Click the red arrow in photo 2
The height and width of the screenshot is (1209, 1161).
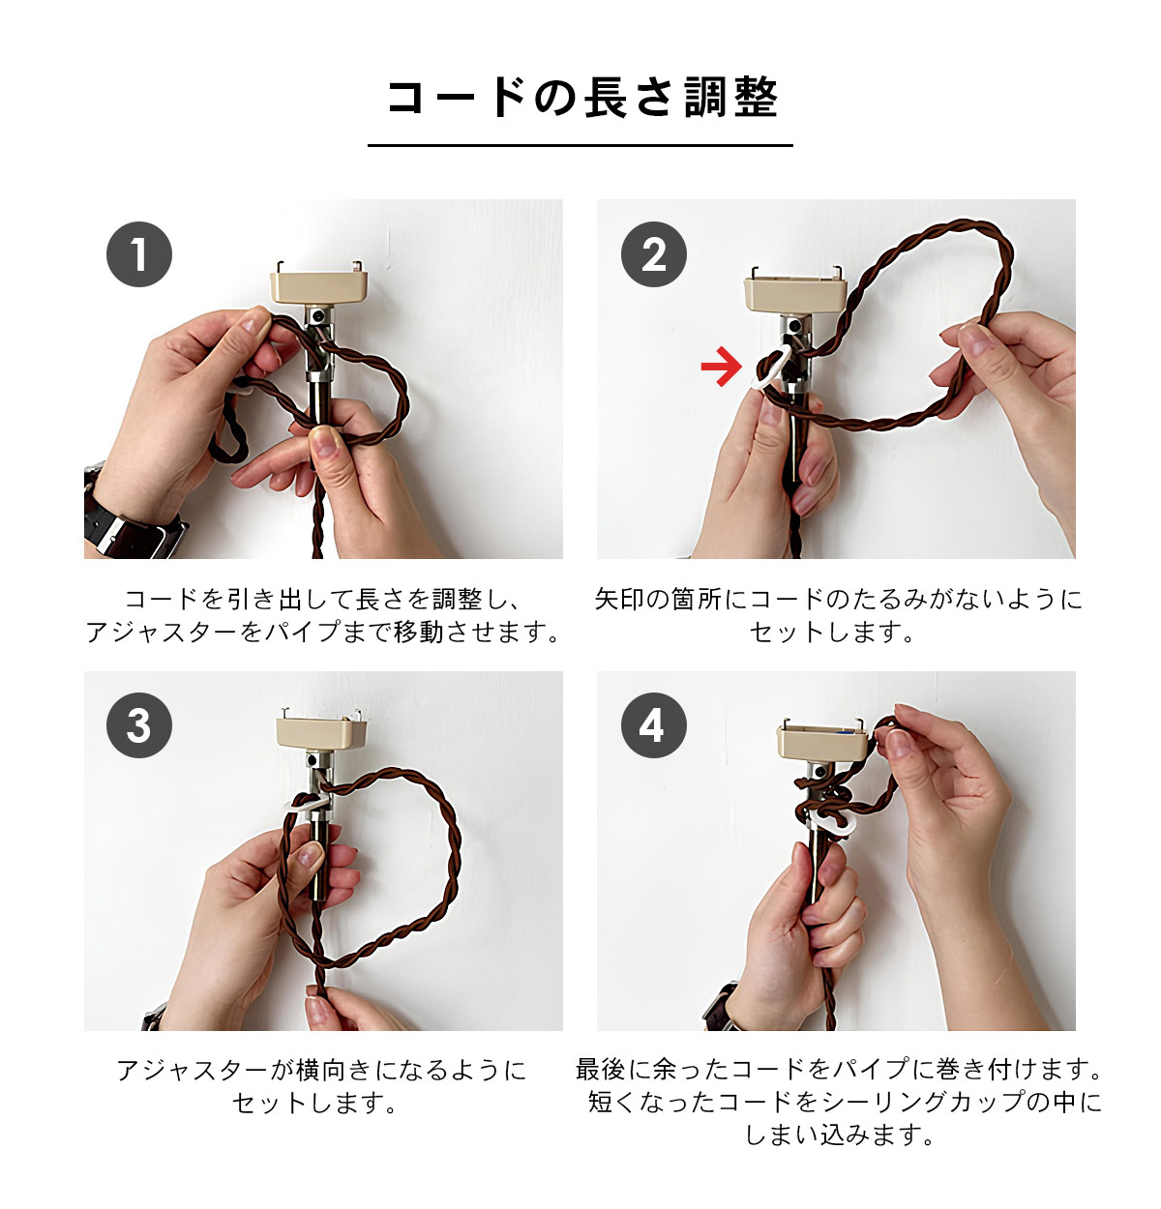[x=721, y=366]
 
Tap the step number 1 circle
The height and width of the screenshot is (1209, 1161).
[x=139, y=254]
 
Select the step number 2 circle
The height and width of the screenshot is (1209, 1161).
[x=653, y=254]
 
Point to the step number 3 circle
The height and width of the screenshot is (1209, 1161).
[x=139, y=725]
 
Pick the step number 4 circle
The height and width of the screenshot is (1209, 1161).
[x=653, y=725]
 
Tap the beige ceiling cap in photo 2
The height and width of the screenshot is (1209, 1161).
[x=795, y=293]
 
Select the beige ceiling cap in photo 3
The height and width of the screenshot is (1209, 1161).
[x=321, y=730]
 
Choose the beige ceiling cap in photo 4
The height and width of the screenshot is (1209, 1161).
[x=821, y=739]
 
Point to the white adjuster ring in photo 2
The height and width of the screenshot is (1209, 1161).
[x=773, y=369]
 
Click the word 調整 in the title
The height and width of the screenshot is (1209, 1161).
[x=730, y=98]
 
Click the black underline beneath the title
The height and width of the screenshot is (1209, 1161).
[x=580, y=145]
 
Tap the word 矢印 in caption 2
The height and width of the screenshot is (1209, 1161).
[x=619, y=599]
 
